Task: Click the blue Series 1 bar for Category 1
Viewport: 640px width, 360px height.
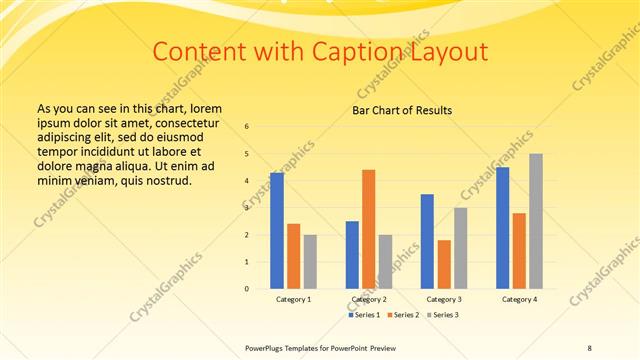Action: [x=277, y=231]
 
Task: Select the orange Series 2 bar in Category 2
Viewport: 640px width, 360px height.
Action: [x=368, y=229]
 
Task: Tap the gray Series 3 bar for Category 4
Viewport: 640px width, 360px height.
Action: [x=536, y=221]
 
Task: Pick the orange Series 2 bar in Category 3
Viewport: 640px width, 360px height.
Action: [x=444, y=264]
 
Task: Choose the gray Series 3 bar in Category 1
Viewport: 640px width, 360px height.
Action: [x=310, y=262]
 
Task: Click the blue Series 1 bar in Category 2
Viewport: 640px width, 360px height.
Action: [x=352, y=255]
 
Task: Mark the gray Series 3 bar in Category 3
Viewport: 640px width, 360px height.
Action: [x=460, y=248]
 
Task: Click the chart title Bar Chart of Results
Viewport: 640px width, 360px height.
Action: [x=402, y=110]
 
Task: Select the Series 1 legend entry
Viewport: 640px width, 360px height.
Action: [x=362, y=315]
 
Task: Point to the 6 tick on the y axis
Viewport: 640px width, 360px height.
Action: [x=247, y=127]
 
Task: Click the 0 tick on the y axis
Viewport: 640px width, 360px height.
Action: [x=247, y=289]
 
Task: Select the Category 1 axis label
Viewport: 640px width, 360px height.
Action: [x=293, y=299]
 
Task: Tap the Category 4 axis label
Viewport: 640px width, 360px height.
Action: [x=519, y=299]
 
